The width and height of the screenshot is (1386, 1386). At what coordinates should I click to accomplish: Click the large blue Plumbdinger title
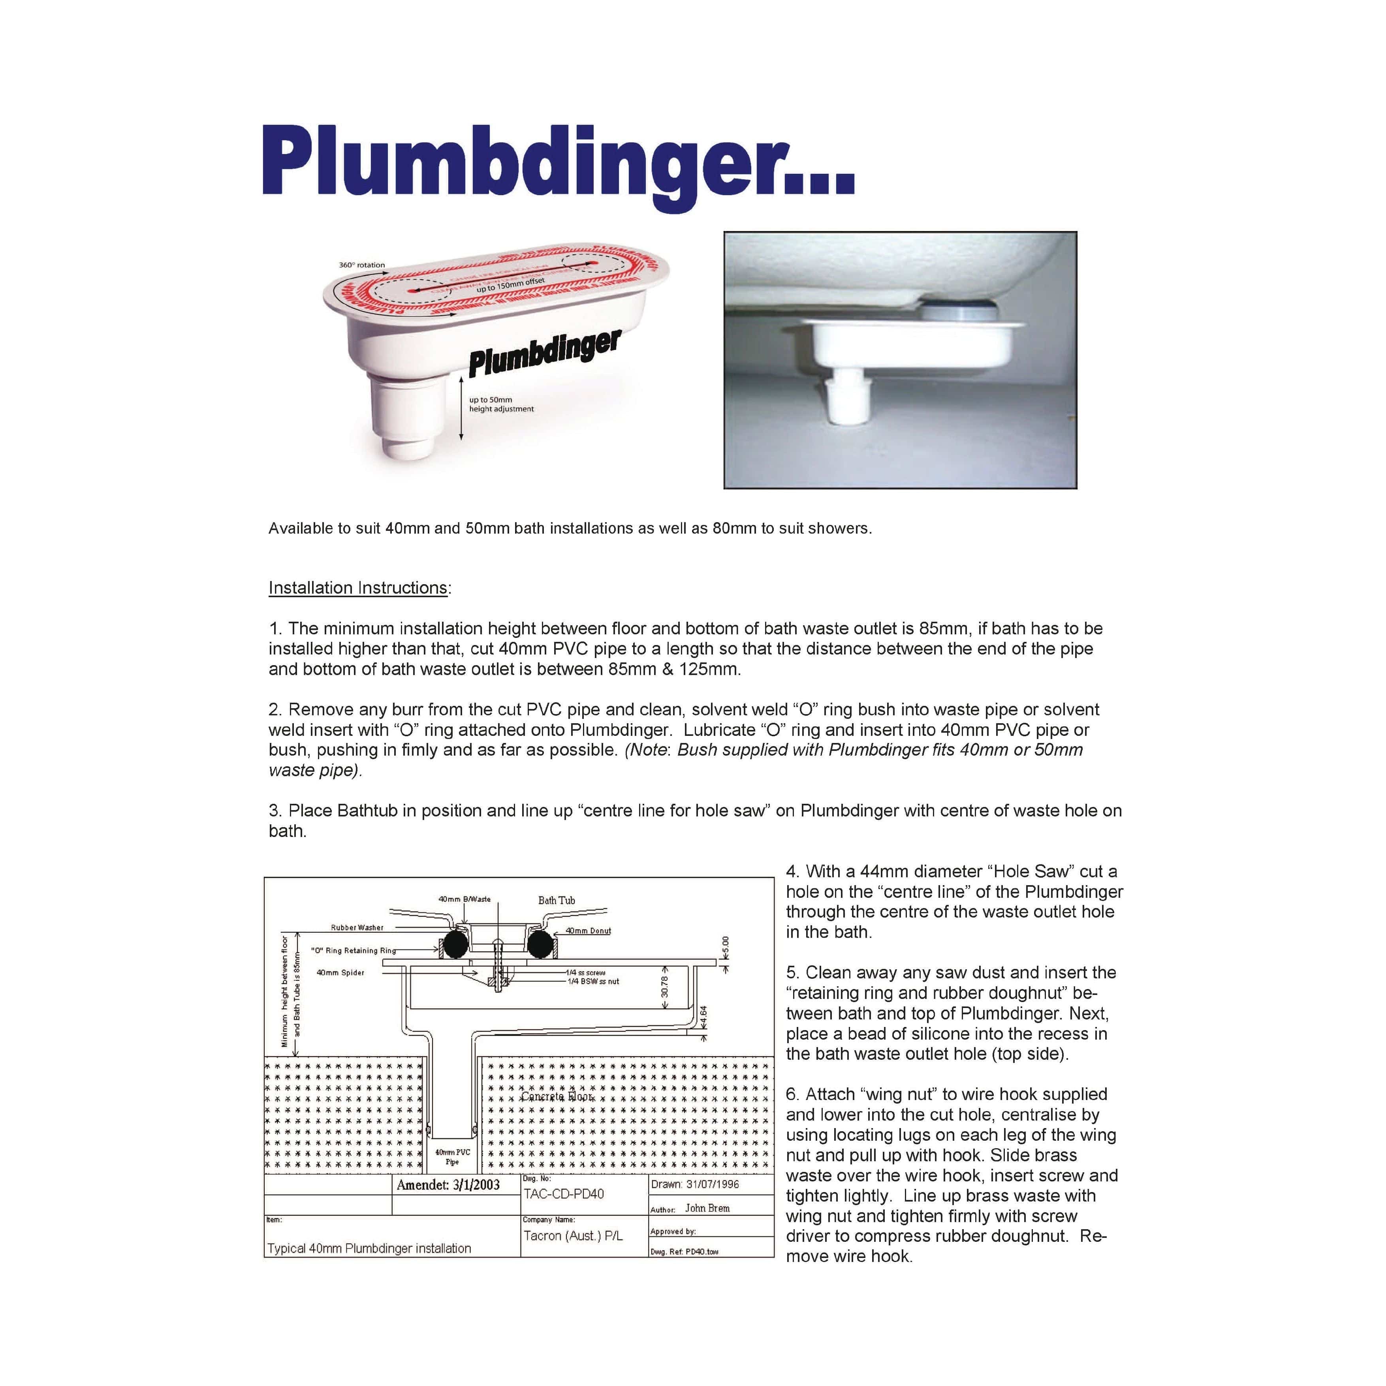click(x=558, y=164)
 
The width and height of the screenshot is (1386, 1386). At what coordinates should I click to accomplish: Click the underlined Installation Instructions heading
click(x=358, y=588)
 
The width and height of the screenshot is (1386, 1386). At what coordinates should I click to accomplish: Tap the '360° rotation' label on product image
click(x=361, y=265)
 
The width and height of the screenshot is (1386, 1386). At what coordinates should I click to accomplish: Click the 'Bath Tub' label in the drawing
click(x=556, y=900)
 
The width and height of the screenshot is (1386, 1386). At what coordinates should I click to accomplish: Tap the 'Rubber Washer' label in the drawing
click(x=357, y=927)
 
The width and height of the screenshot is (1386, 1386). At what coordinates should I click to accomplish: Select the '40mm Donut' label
click(x=588, y=931)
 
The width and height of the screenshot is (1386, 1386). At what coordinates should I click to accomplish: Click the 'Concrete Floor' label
click(x=557, y=1097)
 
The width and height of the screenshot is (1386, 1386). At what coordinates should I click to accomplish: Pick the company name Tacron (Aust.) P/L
click(x=572, y=1236)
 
